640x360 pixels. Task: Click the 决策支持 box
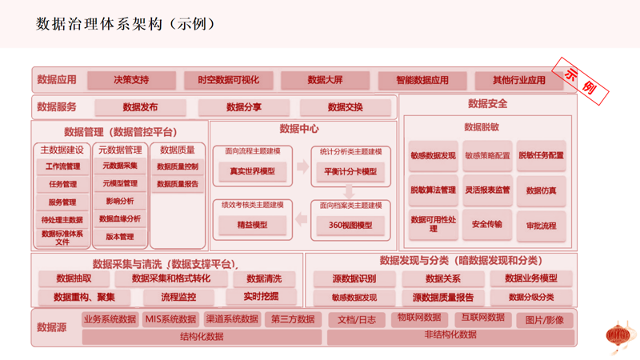tap(130, 80)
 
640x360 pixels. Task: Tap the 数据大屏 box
tap(325, 80)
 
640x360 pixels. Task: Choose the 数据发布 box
tap(140, 107)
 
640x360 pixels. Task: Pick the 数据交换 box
tap(345, 107)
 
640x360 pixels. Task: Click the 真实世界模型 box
tap(252, 171)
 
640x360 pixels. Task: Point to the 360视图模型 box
tap(350, 225)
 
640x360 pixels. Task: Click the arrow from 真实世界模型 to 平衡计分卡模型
tap(302, 166)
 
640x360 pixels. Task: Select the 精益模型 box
tap(252, 225)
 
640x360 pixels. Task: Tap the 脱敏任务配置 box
tap(541, 156)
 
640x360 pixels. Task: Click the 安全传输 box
tap(487, 225)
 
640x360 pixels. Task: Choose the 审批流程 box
tap(541, 226)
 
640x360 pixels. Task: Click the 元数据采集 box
tap(120, 166)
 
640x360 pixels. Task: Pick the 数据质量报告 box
tap(178, 184)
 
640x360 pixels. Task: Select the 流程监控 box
tap(178, 297)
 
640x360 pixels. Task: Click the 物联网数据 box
tap(419, 318)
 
